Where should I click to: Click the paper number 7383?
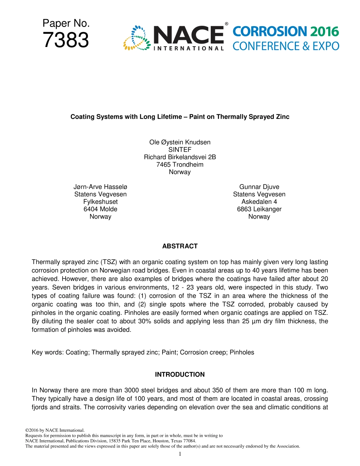pyautogui.click(x=66, y=40)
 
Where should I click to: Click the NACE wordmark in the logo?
pyautogui.click(x=189, y=35)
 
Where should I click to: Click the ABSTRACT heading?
pyautogui.click(x=180, y=246)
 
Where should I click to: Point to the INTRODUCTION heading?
pyautogui.click(x=180, y=375)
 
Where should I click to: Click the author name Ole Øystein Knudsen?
pyautogui.click(x=180, y=142)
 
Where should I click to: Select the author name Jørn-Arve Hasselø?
pyautogui.click(x=100, y=187)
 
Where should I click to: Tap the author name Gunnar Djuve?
pyautogui.click(x=259, y=187)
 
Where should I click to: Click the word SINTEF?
pyautogui.click(x=180, y=150)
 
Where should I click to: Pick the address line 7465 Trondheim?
pyautogui.click(x=180, y=164)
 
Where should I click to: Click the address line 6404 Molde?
pyautogui.click(x=100, y=209)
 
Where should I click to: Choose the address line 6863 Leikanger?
pyautogui.click(x=259, y=209)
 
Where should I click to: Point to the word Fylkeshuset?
pyautogui.click(x=100, y=202)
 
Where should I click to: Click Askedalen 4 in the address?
pyautogui.click(x=259, y=202)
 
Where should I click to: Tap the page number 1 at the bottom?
pyautogui.click(x=180, y=454)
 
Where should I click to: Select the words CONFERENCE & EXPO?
pyautogui.click(x=286, y=46)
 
